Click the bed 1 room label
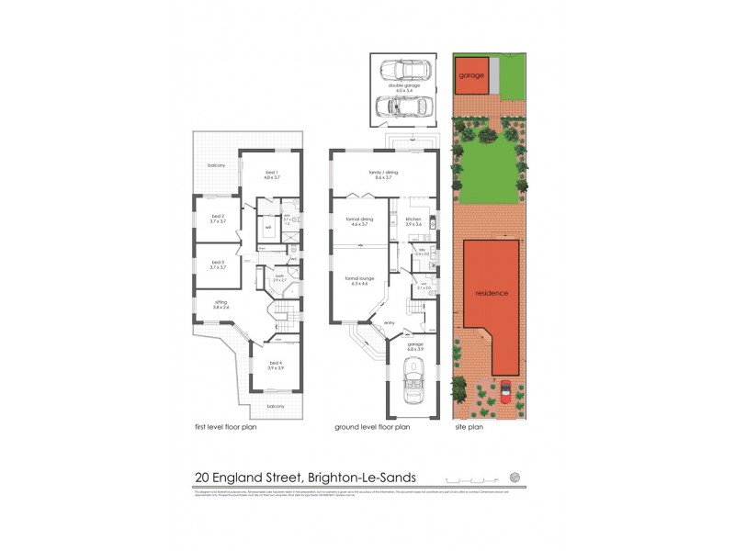[271, 173]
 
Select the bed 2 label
[217, 216]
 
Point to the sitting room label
[220, 302]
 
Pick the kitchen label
[413, 219]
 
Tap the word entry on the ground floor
[378, 322]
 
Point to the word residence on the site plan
[492, 293]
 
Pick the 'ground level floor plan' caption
[372, 427]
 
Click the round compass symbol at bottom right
[515, 477]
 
